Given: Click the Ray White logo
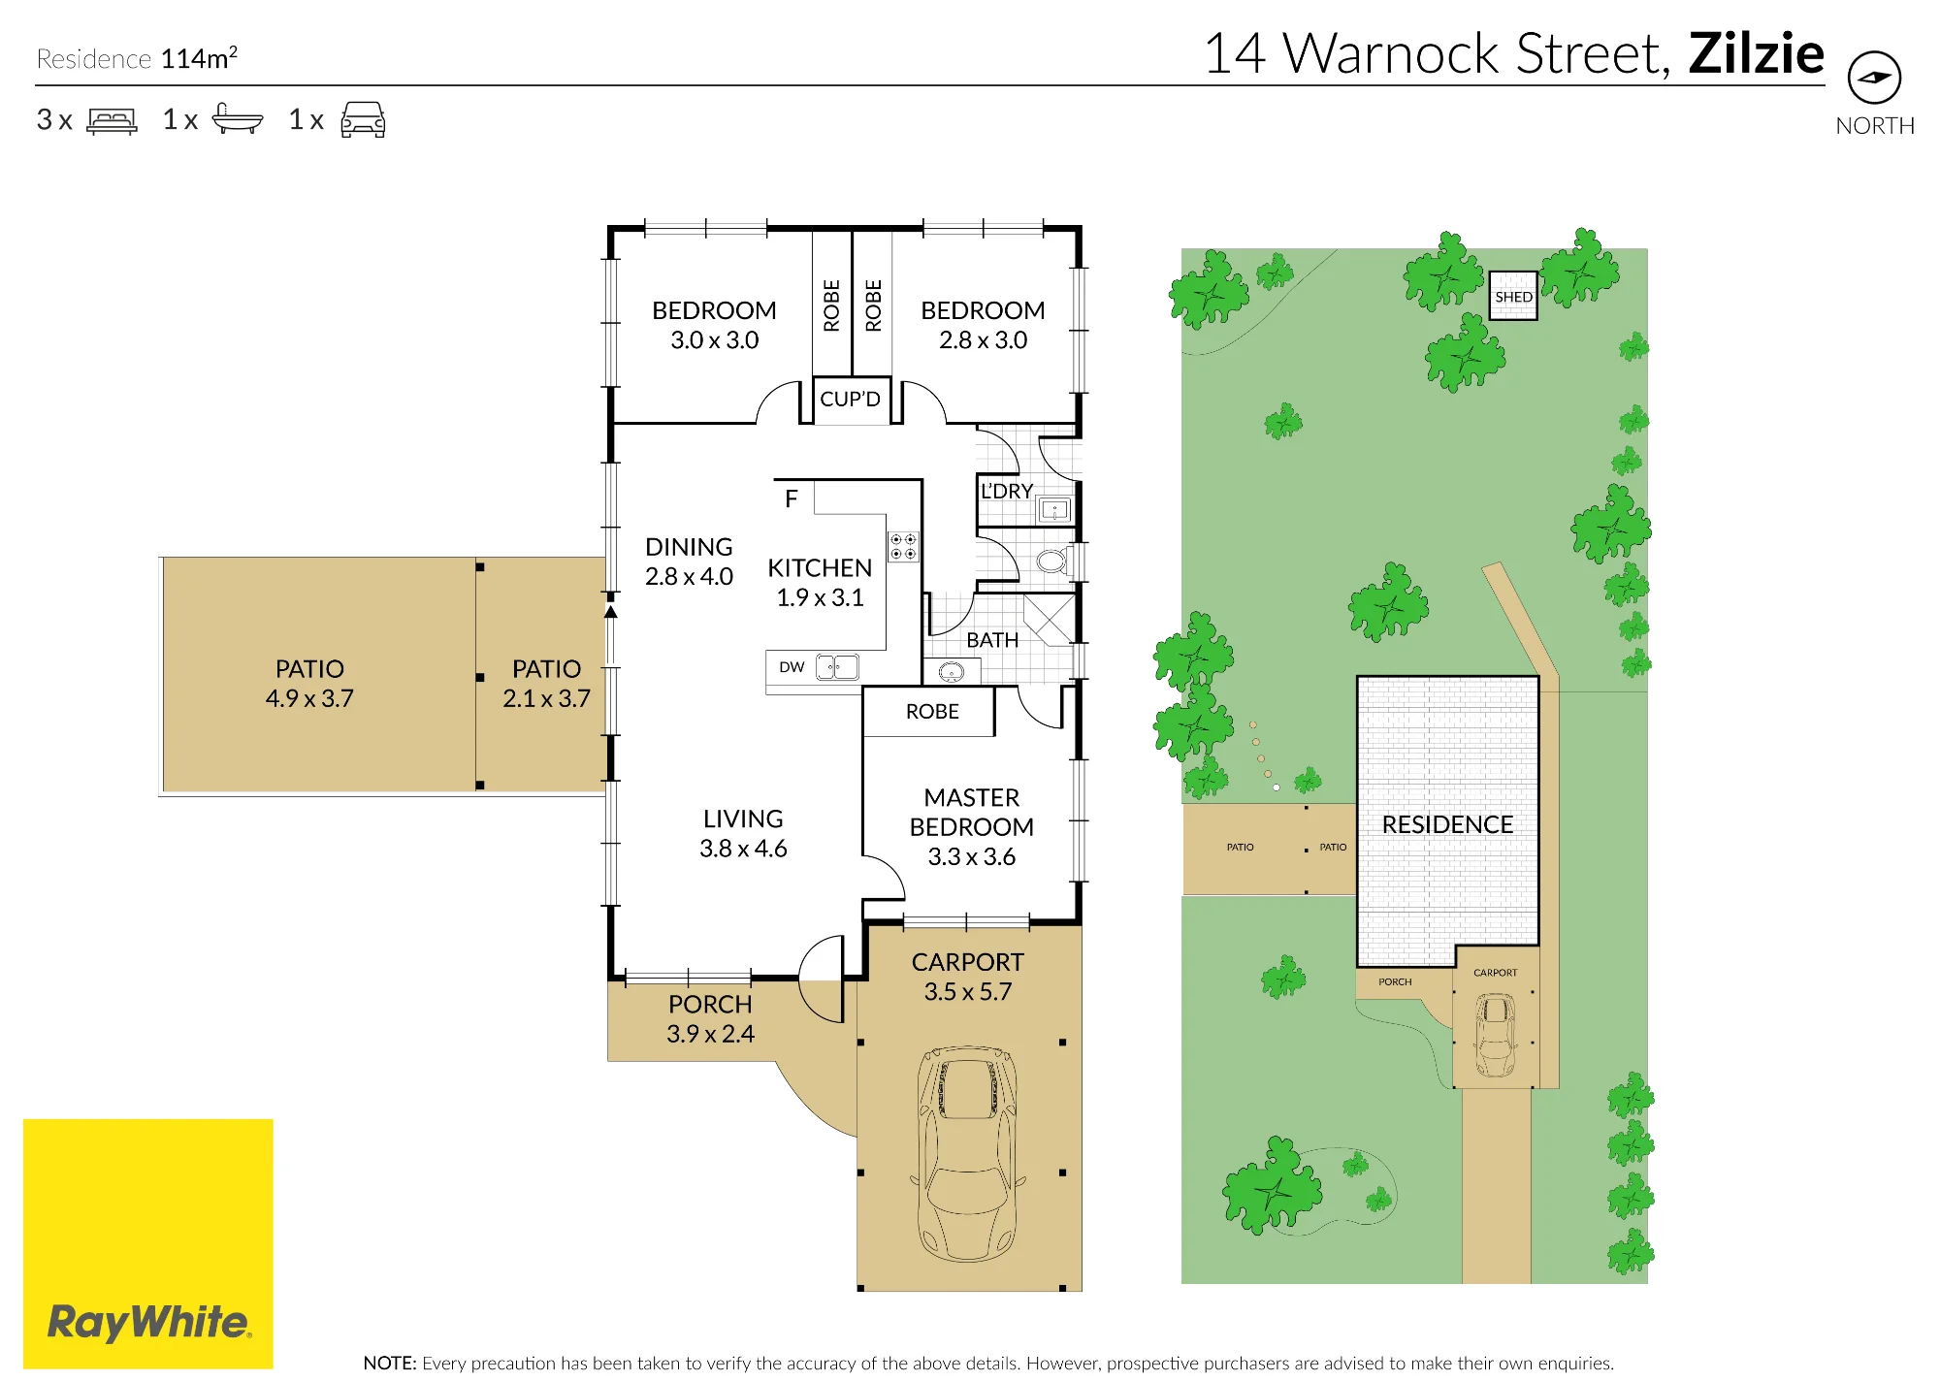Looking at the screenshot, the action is [x=148, y=1243].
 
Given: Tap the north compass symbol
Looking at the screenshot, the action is [x=1874, y=78].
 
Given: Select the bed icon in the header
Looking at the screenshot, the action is [x=112, y=120].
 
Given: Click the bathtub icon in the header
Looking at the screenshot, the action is [x=237, y=118].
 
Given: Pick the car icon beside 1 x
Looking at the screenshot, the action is [x=363, y=119].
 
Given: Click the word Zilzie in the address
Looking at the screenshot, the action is [x=1756, y=53].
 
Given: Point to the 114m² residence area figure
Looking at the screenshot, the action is [x=199, y=58].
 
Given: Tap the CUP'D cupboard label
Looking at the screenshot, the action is [x=851, y=399].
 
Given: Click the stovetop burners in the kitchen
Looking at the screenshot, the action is [x=903, y=547].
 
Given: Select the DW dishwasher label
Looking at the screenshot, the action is [x=792, y=667].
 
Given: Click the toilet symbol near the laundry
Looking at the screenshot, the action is [x=1053, y=562].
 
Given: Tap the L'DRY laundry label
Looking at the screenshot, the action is [x=1007, y=491].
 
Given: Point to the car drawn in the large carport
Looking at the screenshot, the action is [x=967, y=1153].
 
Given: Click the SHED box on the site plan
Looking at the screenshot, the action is [x=1513, y=296].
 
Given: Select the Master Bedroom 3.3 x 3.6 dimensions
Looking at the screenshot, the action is [x=972, y=856].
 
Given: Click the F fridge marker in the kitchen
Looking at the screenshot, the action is [x=792, y=498].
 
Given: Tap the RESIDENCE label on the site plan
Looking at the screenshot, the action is [x=1447, y=824].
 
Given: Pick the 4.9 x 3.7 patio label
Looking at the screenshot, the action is [x=309, y=698].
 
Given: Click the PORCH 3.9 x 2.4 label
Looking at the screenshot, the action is [x=710, y=1018].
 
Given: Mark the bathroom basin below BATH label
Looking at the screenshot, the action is [x=952, y=671].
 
